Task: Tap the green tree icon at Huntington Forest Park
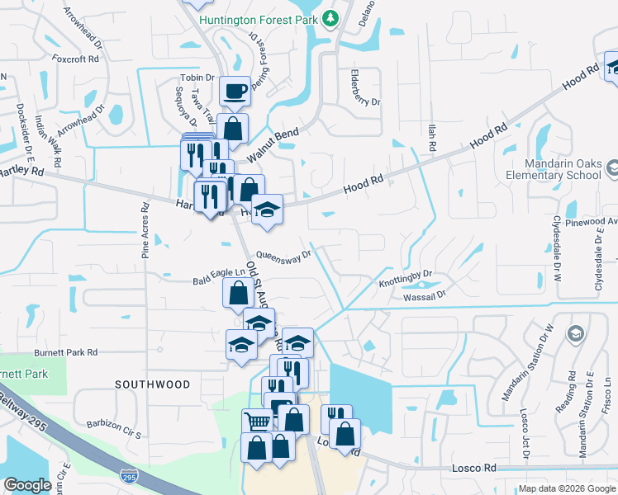coord(330,17)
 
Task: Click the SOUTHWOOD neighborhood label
coord(152,384)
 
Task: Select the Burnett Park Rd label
coord(65,352)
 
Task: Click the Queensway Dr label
coord(283,255)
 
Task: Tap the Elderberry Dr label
coord(364,90)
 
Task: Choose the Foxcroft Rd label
coord(75,59)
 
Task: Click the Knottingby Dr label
coord(406,276)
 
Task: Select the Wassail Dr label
coord(424,294)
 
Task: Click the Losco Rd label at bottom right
coord(473,468)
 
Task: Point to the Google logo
coord(27,486)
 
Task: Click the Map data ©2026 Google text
coord(565,488)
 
